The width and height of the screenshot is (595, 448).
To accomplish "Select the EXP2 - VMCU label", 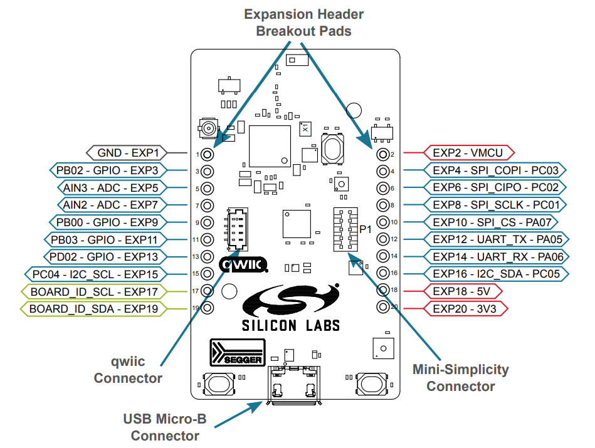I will (469, 152).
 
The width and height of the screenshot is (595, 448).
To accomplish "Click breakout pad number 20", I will (382, 308).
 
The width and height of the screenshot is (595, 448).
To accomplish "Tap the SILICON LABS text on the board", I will (291, 325).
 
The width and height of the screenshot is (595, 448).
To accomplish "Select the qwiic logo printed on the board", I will (244, 265).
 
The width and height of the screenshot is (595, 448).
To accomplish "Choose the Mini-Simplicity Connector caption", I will (461, 378).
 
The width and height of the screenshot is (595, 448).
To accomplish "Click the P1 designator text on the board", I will (366, 229).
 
